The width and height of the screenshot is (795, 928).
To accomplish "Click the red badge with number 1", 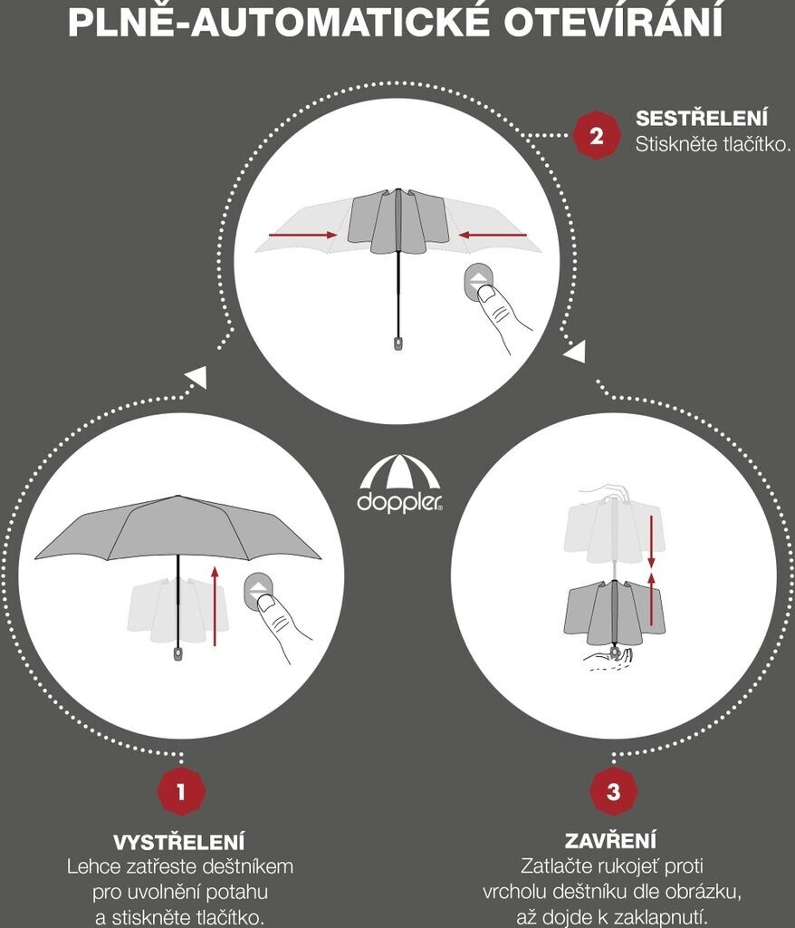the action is [181, 791].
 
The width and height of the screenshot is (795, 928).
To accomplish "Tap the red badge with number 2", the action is [597, 136].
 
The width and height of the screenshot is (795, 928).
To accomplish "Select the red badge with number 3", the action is [613, 791].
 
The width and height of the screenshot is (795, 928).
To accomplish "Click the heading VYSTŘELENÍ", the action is [178, 842].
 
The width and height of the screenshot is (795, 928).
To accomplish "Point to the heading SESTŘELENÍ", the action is [702, 118].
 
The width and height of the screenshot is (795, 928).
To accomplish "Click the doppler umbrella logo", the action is [400, 483].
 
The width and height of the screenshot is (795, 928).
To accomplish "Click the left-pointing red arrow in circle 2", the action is [493, 236].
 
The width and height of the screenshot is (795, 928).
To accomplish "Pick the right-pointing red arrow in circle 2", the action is [302, 236].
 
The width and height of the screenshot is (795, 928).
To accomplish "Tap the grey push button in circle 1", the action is [258, 593].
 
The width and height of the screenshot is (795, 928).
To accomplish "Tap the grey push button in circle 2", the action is [478, 283].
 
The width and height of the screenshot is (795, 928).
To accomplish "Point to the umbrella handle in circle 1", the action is [178, 653].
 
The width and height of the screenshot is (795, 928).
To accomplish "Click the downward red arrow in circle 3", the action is [651, 541].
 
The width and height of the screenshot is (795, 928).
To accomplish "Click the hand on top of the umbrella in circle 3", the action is [606, 492].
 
